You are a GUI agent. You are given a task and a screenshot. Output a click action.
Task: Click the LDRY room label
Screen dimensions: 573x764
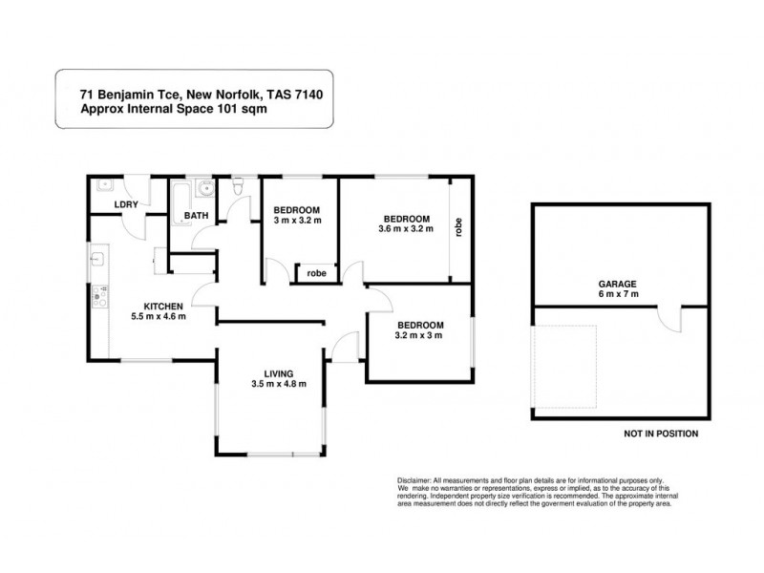pos(124,204)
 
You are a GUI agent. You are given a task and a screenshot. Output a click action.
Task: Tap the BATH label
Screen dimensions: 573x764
pos(197,216)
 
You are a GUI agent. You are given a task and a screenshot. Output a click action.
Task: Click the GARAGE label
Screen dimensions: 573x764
pos(618,284)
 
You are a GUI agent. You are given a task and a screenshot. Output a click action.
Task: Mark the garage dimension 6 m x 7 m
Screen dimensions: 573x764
pos(618,294)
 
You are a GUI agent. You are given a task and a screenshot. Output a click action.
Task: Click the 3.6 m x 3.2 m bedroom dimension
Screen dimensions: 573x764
pos(406,229)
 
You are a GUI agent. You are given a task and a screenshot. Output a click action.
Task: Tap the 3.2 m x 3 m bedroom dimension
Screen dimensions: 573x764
pos(419,335)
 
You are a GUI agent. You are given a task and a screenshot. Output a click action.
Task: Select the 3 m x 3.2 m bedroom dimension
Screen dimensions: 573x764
pos(298,221)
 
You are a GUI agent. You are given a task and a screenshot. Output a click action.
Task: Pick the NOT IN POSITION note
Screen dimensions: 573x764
pos(660,434)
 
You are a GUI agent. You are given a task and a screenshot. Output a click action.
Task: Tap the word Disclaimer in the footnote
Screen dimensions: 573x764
pos(414,479)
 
